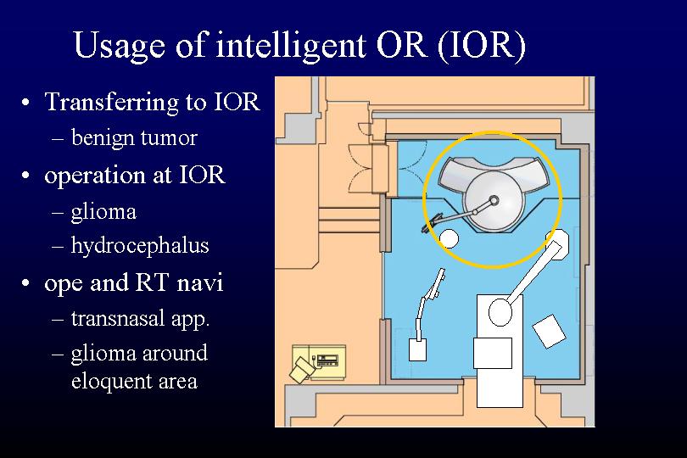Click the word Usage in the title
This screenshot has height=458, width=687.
pyautogui.click(x=120, y=45)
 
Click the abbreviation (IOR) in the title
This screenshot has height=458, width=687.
pyautogui.click(x=481, y=45)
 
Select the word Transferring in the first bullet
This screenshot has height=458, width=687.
pyautogui.click(x=112, y=102)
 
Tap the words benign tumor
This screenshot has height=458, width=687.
pyautogui.click(x=134, y=138)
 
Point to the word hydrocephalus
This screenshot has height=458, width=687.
pyautogui.click(x=140, y=245)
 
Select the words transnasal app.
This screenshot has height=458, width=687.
pyautogui.click(x=140, y=319)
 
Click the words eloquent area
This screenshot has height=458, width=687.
pyautogui.click(x=134, y=381)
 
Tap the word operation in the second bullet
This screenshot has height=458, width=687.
pyautogui.click(x=95, y=176)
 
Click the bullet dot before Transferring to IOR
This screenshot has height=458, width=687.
pyautogui.click(x=25, y=103)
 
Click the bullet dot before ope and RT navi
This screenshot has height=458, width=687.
pyautogui.click(x=25, y=282)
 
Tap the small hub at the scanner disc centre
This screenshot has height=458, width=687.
pyautogui.click(x=494, y=200)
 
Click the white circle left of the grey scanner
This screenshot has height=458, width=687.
pyautogui.click(x=449, y=239)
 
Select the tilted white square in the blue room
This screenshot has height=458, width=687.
pyautogui.click(x=549, y=331)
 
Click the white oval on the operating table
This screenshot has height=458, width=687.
pyautogui.click(x=500, y=312)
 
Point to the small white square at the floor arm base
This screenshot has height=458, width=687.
pyautogui.click(x=417, y=349)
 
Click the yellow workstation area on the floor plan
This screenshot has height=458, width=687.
pyautogui.click(x=319, y=363)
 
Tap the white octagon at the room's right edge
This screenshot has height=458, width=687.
pyautogui.click(x=557, y=240)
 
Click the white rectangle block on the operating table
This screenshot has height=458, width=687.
pyautogui.click(x=493, y=353)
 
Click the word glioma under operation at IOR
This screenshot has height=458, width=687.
pyautogui.click(x=103, y=212)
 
